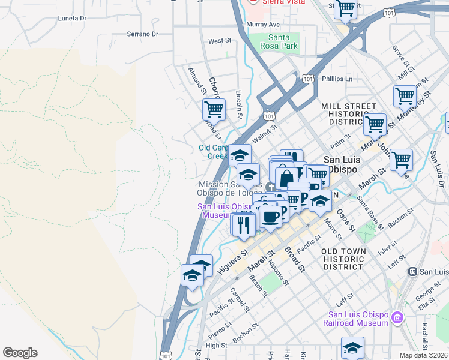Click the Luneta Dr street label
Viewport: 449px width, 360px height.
(x=72, y=19)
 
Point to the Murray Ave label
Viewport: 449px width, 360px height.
(x=263, y=25)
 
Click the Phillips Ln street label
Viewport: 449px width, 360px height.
(x=337, y=79)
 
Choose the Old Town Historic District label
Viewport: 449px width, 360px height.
(x=343, y=259)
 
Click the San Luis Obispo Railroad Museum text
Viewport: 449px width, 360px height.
(x=358, y=319)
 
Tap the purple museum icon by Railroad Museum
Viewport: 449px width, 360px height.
(x=397, y=317)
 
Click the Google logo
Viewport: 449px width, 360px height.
(x=19, y=353)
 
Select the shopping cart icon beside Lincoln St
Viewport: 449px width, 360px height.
(x=214, y=109)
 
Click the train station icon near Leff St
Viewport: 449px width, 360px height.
(x=412, y=271)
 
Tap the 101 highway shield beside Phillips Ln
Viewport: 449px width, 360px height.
(x=307, y=79)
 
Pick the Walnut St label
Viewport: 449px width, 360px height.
(x=264, y=131)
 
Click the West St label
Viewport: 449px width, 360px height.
(x=220, y=41)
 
